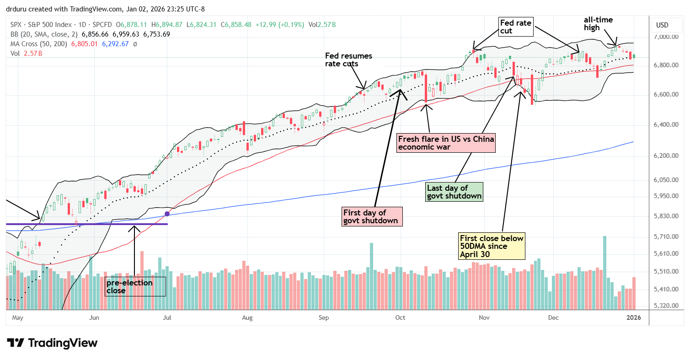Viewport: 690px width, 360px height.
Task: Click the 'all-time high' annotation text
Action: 598,24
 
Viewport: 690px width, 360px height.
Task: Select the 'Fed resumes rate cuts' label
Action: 348,60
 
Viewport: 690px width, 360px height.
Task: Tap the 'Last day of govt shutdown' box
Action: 454,192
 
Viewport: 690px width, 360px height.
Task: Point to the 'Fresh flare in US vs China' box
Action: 446,142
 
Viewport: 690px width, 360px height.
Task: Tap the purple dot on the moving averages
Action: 167,214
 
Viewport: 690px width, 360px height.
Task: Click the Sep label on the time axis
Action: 324,317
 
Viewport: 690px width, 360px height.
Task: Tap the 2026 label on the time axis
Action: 633,317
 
